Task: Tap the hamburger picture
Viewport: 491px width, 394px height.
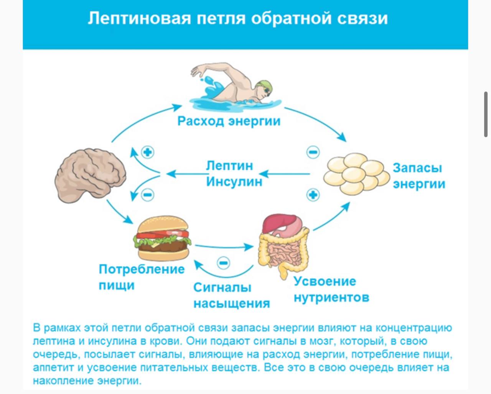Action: tap(162, 238)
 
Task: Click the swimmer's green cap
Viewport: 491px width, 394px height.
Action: tap(265, 86)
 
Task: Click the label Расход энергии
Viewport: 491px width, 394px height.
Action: tap(229, 121)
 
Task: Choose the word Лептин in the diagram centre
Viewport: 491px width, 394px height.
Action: tap(229, 166)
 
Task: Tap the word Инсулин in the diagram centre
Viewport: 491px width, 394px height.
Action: tap(234, 181)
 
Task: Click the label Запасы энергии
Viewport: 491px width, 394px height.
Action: tap(419, 176)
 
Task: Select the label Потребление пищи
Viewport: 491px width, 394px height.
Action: tap(141, 277)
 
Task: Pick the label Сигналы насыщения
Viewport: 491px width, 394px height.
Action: tap(231, 295)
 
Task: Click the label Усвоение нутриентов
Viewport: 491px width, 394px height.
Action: tap(331, 289)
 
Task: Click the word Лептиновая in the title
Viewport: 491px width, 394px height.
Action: tap(139, 18)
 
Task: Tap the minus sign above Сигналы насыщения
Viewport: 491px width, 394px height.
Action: tap(223, 263)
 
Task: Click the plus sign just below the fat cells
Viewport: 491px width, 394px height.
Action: tap(313, 195)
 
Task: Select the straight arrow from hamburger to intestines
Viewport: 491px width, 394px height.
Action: tap(224, 247)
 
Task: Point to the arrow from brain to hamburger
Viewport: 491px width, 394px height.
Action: tap(120, 212)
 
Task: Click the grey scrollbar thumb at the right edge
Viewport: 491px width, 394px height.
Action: tap(486, 114)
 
